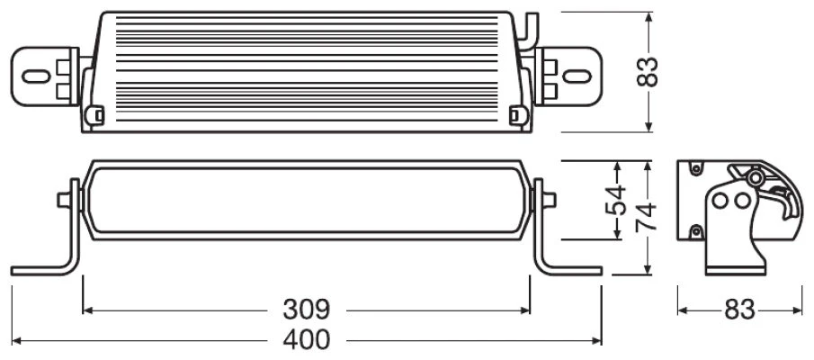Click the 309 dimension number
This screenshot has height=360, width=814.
click(x=307, y=310)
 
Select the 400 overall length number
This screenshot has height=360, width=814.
click(x=307, y=339)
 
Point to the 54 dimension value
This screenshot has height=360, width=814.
click(x=616, y=200)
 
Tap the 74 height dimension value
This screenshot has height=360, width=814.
click(x=647, y=217)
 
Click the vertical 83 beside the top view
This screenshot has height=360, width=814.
click(x=648, y=72)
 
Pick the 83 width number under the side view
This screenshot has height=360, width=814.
click(x=739, y=310)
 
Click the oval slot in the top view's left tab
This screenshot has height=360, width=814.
click(x=36, y=76)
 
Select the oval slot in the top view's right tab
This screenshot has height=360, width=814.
click(x=577, y=76)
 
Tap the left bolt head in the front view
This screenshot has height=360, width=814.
click(x=64, y=200)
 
